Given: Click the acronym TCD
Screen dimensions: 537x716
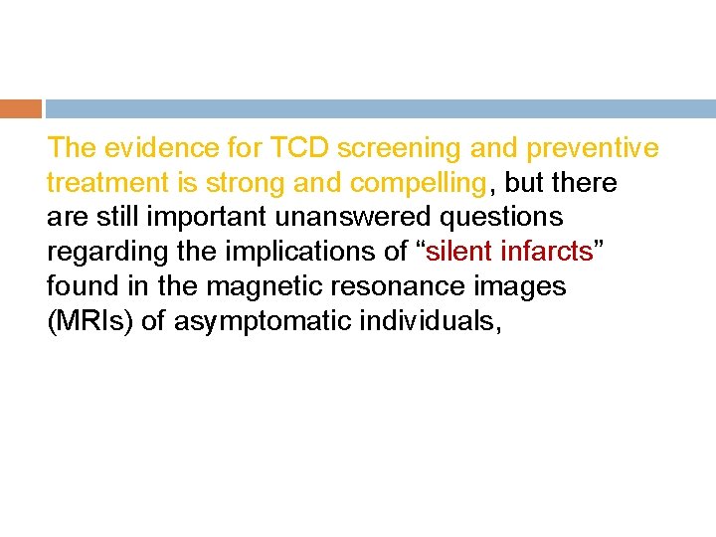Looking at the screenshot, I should coord(299,148).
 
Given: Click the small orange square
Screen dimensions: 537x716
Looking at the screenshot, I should coord(21,108).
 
